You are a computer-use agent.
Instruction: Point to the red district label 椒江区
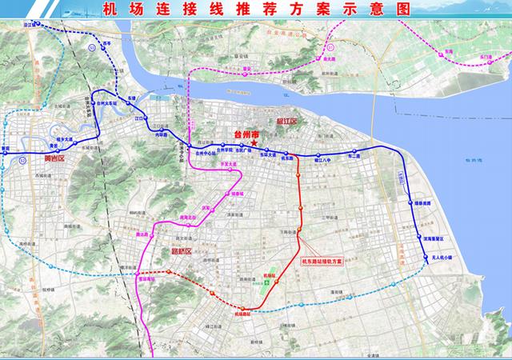[x=286, y=121]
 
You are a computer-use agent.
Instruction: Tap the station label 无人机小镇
[x=442, y=258]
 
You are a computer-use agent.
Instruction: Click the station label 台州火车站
[x=108, y=116]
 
